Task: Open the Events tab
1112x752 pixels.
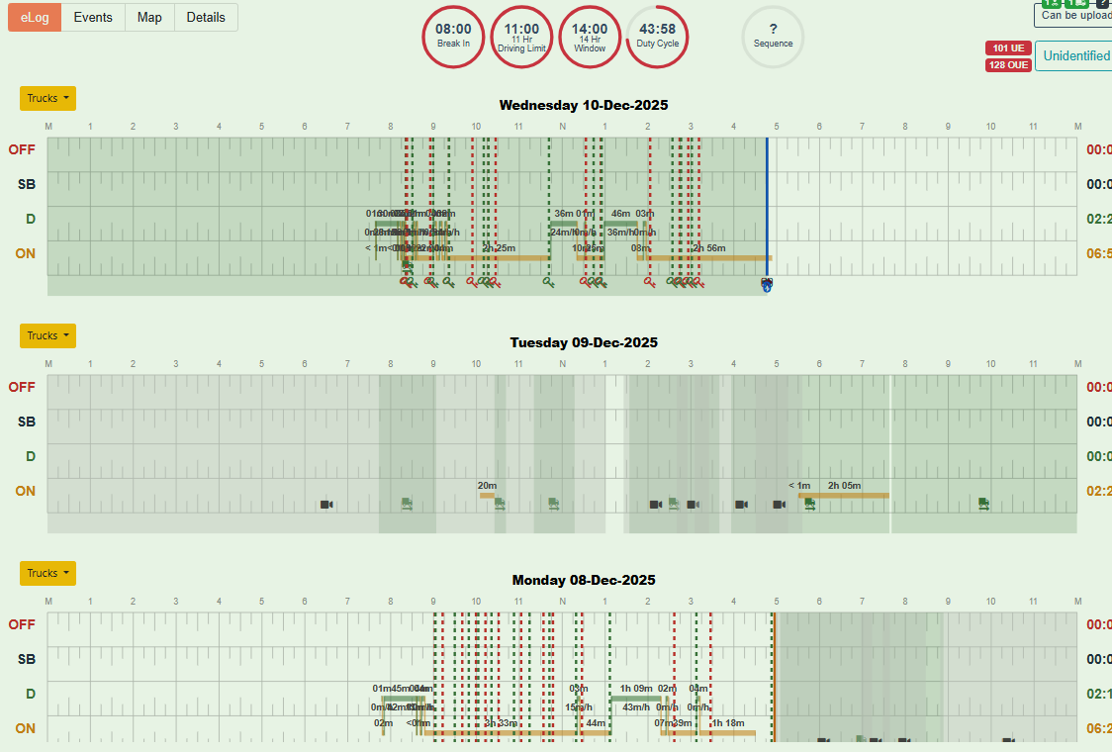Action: (x=93, y=17)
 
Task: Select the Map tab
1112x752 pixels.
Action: (x=149, y=17)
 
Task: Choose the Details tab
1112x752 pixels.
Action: (x=206, y=17)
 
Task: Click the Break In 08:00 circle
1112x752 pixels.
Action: (x=453, y=37)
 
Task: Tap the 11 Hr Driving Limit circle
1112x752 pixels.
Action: (x=521, y=37)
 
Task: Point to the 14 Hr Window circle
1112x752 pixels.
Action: (x=590, y=37)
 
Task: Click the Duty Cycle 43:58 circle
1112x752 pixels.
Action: (x=658, y=37)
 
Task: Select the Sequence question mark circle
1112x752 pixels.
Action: (x=773, y=37)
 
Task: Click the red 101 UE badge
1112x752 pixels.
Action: (x=1007, y=48)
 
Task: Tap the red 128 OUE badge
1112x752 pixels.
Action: (x=1007, y=65)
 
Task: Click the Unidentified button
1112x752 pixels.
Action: (x=1076, y=55)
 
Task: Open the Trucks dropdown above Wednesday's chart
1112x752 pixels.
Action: (x=47, y=98)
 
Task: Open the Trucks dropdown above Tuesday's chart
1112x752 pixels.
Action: (x=47, y=335)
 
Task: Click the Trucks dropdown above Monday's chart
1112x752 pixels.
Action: (x=47, y=573)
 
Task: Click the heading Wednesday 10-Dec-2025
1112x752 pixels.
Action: (x=584, y=105)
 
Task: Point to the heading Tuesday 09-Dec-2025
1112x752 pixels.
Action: (x=584, y=342)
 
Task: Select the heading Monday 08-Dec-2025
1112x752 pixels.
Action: (x=584, y=580)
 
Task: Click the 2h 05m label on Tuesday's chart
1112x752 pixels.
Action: (x=844, y=485)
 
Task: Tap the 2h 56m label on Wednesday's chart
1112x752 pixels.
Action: (x=708, y=247)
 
